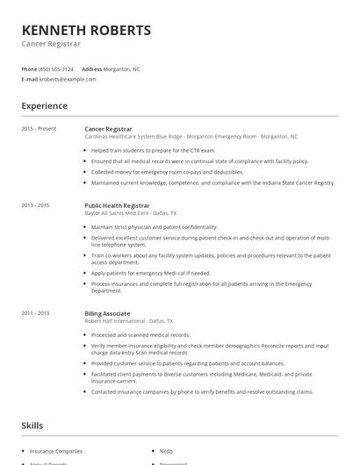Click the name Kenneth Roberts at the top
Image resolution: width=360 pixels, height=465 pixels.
pos(86,30)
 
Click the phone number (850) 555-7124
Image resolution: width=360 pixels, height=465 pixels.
pos(56,68)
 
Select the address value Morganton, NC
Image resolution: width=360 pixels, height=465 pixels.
pos(123,68)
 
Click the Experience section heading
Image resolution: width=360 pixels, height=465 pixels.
pos(45,106)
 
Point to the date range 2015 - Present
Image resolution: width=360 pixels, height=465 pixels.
pos(39,128)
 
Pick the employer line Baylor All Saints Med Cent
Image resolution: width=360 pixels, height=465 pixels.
pos(131,213)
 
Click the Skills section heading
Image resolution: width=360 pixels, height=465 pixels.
pos(32,425)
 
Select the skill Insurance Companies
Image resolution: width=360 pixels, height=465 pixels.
pos(55,450)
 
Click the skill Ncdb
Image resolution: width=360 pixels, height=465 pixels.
pos(167,450)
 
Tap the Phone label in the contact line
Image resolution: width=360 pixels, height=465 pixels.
pos(29,68)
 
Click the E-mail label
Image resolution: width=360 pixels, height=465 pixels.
pos(30,79)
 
